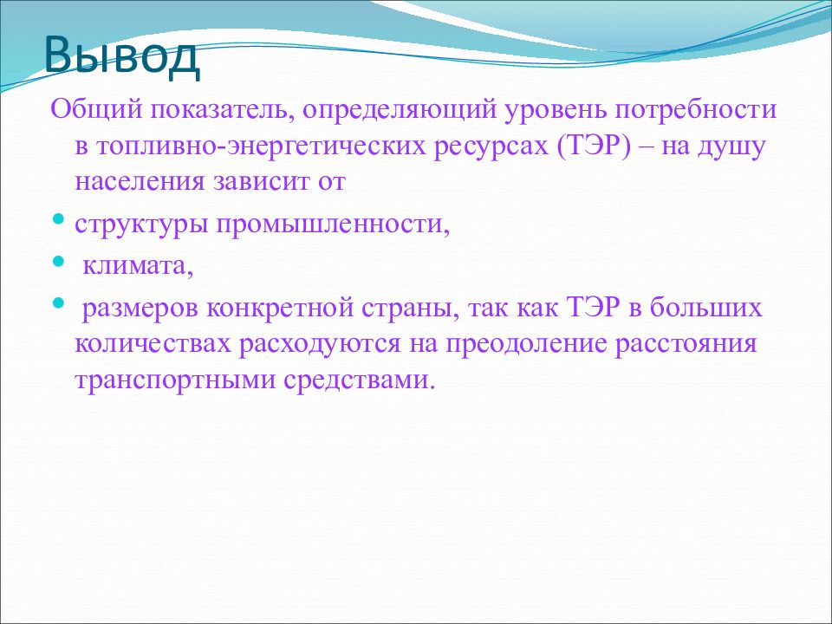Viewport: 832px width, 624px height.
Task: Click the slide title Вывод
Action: coord(122,55)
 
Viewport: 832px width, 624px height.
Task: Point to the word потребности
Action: coord(696,110)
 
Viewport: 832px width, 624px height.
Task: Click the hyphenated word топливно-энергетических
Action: coord(250,146)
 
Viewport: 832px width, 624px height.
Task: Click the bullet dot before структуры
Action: coord(60,218)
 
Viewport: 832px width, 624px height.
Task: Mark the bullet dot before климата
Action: coord(59,261)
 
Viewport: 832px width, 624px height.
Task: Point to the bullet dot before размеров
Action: coord(59,303)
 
